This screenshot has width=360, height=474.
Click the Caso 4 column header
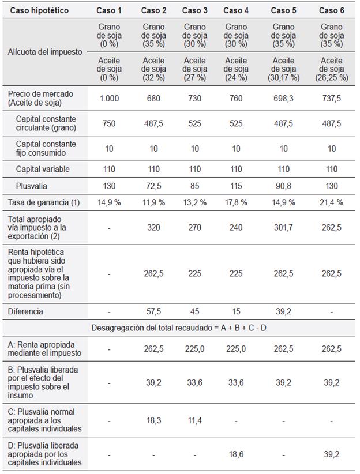tap(235, 10)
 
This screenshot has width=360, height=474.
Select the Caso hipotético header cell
tap(39, 10)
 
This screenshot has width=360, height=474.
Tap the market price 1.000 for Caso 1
tap(109, 98)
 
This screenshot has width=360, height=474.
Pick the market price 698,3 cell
tap(283, 98)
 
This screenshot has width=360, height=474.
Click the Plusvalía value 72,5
tap(153, 186)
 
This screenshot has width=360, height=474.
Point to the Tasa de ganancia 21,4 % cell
tap(331, 202)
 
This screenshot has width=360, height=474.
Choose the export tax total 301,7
tap(283, 227)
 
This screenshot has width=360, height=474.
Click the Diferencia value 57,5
tap(153, 311)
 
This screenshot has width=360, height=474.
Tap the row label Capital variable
tap(43, 170)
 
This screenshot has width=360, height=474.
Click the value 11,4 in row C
tap(195, 420)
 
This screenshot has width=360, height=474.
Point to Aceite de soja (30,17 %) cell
tap(283, 69)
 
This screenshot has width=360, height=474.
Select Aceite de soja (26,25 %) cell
tap(331, 69)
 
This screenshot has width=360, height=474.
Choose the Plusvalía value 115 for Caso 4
tap(235, 186)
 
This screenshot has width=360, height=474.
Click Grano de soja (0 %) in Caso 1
tap(109, 35)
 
